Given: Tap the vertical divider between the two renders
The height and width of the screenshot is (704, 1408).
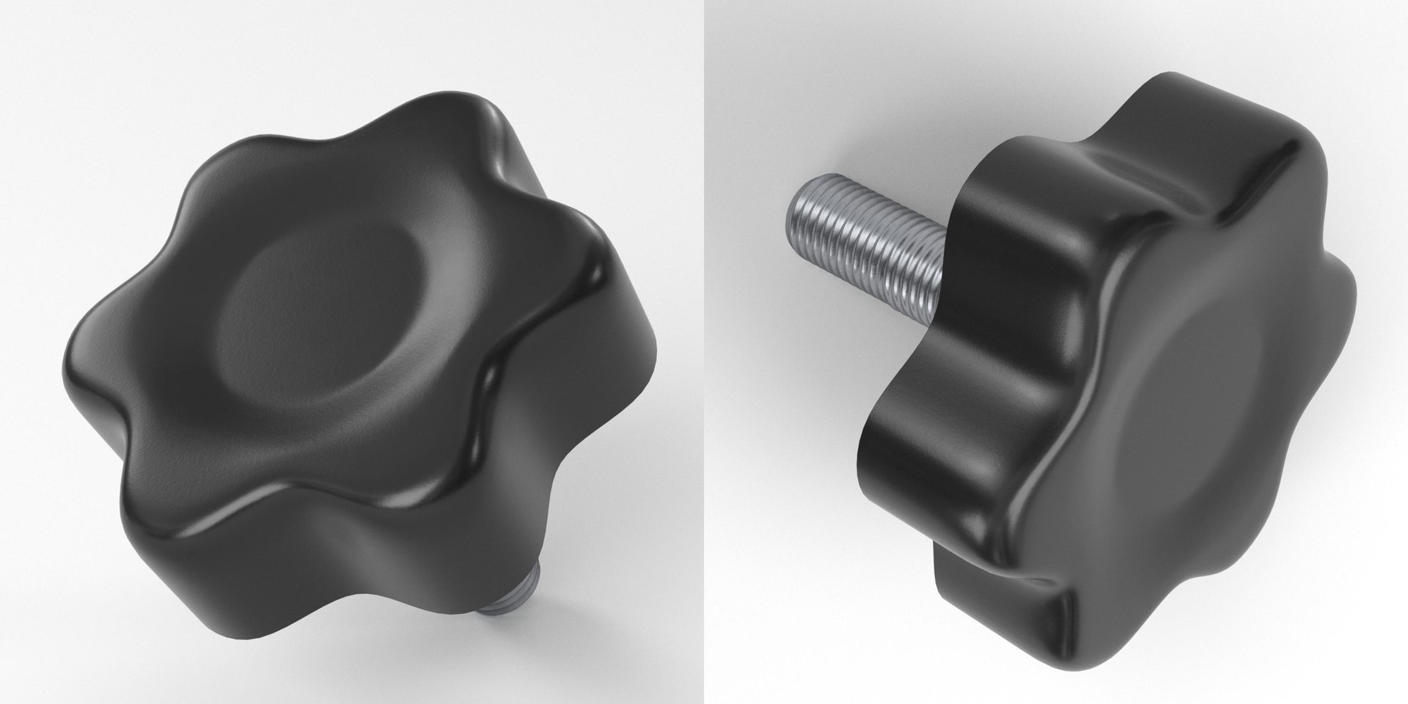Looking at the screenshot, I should pos(704,352).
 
